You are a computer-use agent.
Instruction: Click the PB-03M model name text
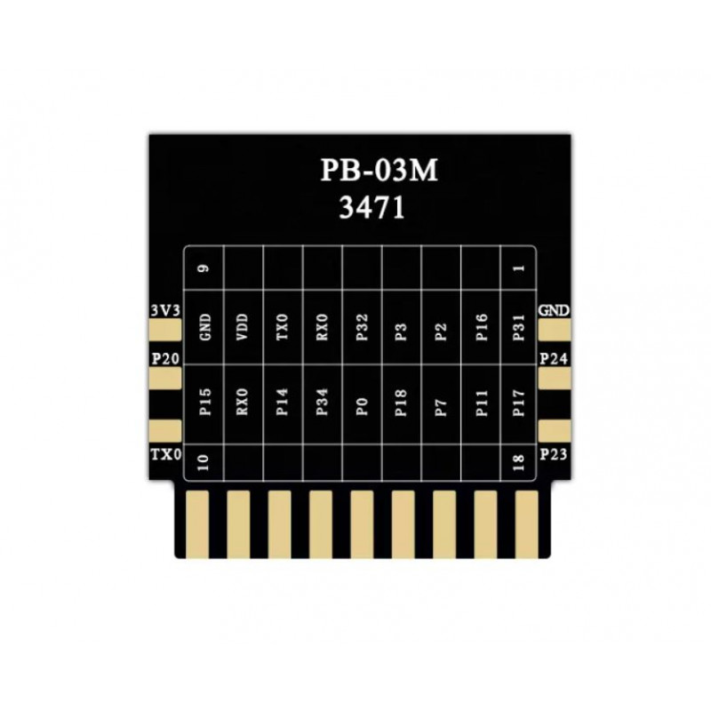379,170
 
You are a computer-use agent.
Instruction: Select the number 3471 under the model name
371,209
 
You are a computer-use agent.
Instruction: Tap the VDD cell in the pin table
243,326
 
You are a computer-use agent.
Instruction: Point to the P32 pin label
362,327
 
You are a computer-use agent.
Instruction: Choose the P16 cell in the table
481,327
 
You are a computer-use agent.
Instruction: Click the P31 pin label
518,327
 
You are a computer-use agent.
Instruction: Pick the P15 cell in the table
205,402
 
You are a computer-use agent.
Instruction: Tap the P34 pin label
322,402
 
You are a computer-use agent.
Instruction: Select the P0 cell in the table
362,406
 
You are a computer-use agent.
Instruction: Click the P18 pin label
401,403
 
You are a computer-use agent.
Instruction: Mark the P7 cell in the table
441,407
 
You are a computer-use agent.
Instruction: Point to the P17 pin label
518,403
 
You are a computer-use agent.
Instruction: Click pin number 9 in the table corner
204,268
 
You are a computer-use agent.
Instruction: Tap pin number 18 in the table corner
518,462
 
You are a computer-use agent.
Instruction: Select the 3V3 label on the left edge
165,310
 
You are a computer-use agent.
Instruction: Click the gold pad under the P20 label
165,379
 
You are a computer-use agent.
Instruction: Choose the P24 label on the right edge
554,359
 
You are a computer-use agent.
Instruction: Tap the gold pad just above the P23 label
555,430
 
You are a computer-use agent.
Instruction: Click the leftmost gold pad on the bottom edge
197,524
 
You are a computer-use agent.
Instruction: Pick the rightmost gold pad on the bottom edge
527,524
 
